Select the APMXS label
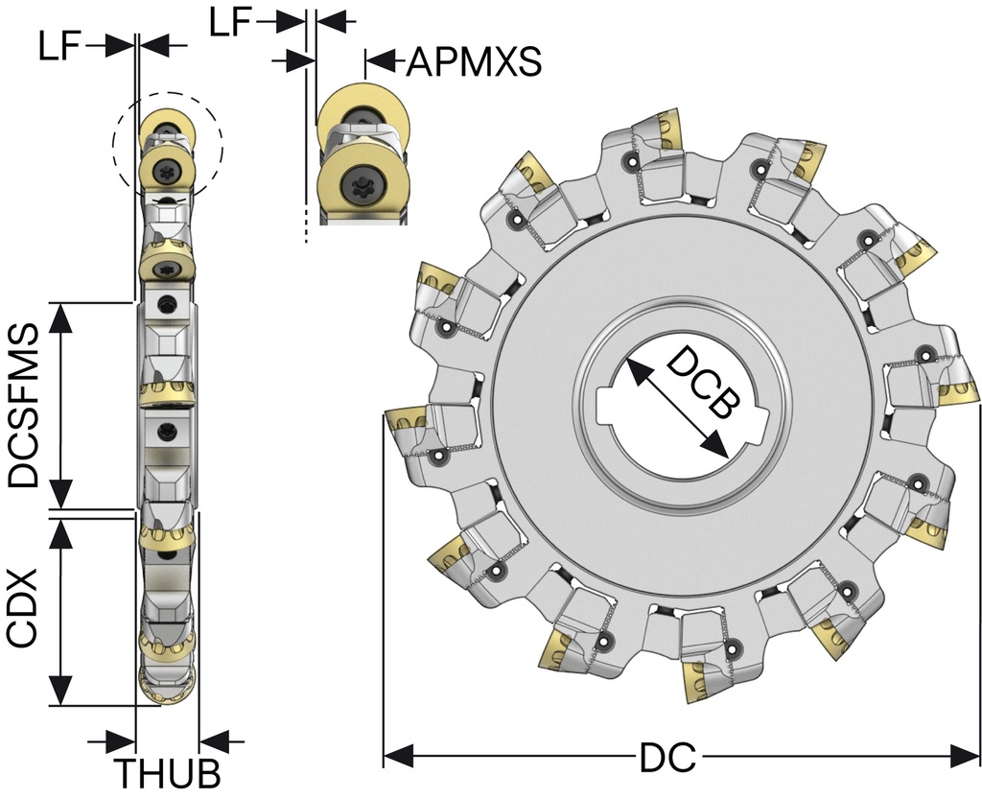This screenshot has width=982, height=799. [474, 62]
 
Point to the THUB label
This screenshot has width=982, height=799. [168, 773]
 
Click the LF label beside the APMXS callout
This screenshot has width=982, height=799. [233, 21]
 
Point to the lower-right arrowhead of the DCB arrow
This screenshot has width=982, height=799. [713, 446]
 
